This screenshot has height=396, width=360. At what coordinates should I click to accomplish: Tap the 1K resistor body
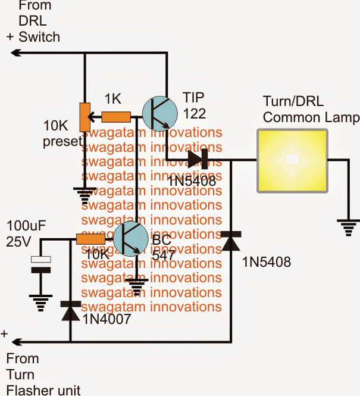click(x=116, y=117)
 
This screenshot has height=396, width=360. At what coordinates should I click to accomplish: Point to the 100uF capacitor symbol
click(x=40, y=266)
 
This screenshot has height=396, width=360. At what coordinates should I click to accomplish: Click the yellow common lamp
click(x=292, y=160)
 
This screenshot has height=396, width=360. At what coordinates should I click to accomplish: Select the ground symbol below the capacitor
click(x=40, y=301)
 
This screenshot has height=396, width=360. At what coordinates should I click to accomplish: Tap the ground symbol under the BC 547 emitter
click(x=139, y=288)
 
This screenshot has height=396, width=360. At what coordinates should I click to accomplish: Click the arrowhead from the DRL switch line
click(x=16, y=53)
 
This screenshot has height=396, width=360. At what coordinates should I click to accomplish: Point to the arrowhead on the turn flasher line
click(x=16, y=342)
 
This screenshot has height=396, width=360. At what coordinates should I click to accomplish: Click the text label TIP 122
click(x=195, y=105)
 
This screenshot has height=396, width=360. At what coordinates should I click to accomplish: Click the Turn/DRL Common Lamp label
click(x=311, y=110)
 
